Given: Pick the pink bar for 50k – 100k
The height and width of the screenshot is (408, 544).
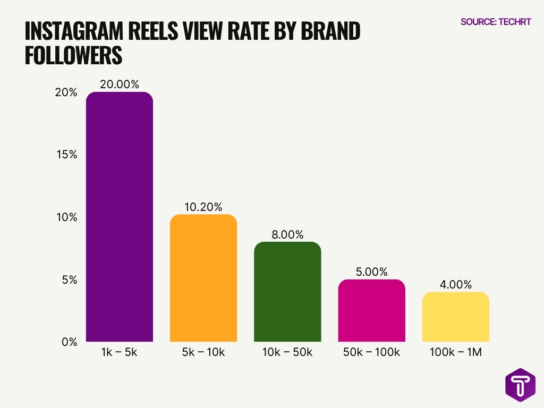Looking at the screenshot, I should tap(371, 310).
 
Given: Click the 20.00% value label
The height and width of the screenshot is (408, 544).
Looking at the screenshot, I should tap(119, 84).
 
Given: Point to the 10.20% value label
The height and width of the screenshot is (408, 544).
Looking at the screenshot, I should tap(203, 207).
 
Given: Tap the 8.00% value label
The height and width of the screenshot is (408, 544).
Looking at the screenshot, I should tap(287, 234).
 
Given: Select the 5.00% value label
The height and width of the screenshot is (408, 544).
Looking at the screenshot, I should tap(371, 272).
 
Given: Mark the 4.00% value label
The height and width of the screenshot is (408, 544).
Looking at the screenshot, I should tap(455, 285).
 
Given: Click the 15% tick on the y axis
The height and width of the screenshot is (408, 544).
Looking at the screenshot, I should tap(67, 155).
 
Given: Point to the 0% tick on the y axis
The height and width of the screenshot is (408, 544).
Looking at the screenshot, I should tap(70, 342).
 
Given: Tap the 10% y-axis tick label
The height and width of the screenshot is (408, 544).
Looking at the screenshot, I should tap(67, 217).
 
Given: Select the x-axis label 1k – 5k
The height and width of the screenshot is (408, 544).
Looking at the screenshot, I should tap(119, 352).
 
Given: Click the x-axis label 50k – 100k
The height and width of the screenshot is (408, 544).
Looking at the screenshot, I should tap(371, 352).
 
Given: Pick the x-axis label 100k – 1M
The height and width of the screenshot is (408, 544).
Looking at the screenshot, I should tap(455, 352).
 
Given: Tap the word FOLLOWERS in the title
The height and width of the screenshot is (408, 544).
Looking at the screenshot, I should tap(73, 56).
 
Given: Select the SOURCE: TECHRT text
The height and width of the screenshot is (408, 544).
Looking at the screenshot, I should tap(496, 22).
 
